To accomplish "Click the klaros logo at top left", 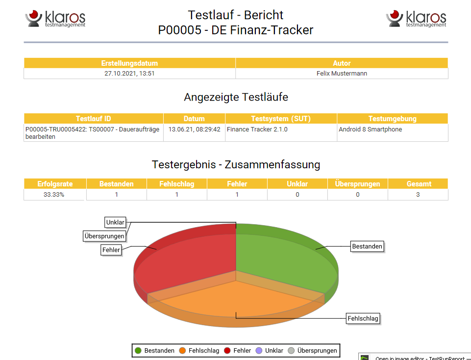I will click(x=55, y=19).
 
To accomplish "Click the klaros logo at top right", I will click(x=416, y=19).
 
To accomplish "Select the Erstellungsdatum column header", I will click(x=129, y=63).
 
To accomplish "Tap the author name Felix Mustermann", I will click(x=342, y=74).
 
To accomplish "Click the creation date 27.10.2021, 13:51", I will click(x=129, y=74).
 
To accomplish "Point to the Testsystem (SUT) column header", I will click(x=281, y=119).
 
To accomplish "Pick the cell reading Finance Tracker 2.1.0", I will click(x=257, y=129).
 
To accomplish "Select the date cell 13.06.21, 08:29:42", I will click(x=194, y=129).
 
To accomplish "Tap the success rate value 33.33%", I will click(x=55, y=195).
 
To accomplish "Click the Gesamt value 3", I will click(x=418, y=195).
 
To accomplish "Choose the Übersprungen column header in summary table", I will click(x=357, y=184).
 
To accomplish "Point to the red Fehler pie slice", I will click(x=186, y=260).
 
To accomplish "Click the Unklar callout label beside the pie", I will click(x=115, y=222).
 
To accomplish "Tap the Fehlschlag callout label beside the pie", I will click(x=363, y=318).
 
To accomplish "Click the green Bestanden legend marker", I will click(x=138, y=351).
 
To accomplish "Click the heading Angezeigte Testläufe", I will click(x=236, y=97).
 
